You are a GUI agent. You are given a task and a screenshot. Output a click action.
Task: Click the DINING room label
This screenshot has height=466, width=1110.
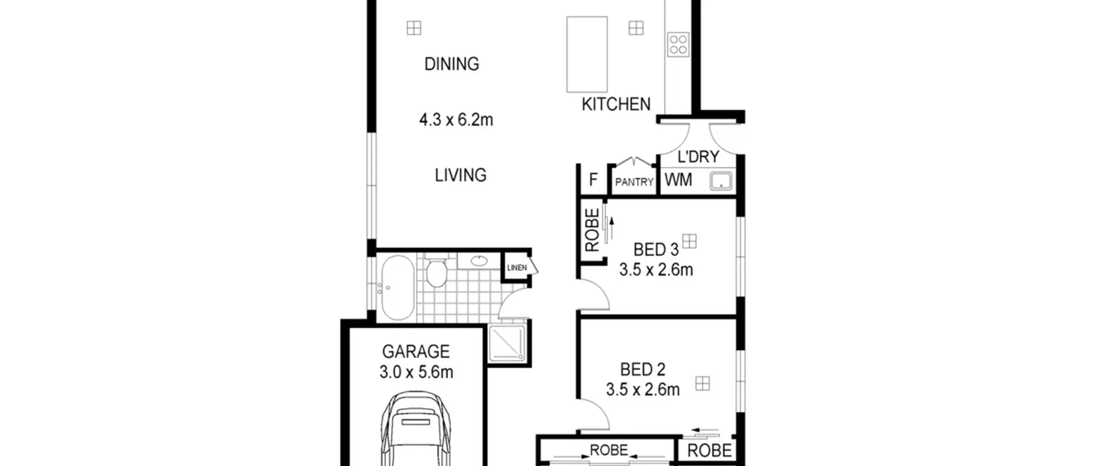point(451,64)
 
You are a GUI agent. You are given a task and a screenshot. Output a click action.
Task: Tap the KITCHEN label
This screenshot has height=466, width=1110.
point(616,104)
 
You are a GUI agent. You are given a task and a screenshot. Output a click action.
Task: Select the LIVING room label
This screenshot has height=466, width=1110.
point(460,175)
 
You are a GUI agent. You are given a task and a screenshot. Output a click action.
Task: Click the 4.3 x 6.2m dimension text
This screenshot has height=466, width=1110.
point(456,120)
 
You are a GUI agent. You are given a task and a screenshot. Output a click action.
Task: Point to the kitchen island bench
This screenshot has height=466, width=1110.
point(587,54)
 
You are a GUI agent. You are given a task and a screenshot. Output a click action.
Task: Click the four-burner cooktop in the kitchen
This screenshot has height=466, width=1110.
point(678,44)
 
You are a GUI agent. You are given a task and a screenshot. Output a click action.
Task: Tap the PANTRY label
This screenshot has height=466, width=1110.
point(634,182)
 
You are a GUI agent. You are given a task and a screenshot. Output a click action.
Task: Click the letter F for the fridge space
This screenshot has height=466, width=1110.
point(593,179)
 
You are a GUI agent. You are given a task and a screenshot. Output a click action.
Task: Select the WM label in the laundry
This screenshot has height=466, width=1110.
point(678,180)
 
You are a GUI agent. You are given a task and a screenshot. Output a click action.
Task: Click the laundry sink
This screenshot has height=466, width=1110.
point(721,181)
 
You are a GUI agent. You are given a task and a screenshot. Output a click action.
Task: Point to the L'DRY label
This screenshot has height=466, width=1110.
point(698,157)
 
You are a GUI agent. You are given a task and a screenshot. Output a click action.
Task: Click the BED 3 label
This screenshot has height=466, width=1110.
point(656,250)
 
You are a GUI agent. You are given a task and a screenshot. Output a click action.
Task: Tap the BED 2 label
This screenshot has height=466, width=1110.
point(643,370)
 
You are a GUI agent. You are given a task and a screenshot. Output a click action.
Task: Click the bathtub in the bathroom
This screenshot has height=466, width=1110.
point(397,288)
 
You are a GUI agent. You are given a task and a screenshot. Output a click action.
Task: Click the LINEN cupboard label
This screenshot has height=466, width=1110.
point(517,268)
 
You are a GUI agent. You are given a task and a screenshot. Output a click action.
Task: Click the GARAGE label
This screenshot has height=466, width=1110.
point(416,352)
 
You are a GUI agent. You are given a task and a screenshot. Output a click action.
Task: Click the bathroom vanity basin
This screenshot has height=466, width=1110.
point(479,261)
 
